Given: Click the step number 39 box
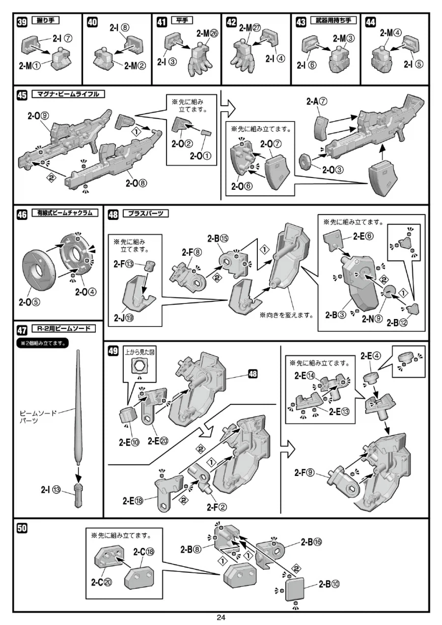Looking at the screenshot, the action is pos(22,22).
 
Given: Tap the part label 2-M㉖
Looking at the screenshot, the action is pos(207,33).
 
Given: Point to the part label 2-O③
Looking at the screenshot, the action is pos(333,170).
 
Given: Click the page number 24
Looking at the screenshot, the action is pos(221,618).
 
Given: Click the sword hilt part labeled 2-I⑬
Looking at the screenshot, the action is pos(78,495).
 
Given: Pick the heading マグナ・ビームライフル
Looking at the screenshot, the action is pos(69,94).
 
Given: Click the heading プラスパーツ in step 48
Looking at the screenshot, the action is pos(145,213).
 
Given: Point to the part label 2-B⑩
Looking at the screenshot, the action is pos(329,584).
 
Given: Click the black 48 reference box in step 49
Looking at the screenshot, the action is pos(253,374).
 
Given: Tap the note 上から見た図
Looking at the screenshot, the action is pos(139,352).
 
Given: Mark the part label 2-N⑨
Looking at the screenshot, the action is pos(372,318).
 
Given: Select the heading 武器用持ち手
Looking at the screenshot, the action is pos(333,21).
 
